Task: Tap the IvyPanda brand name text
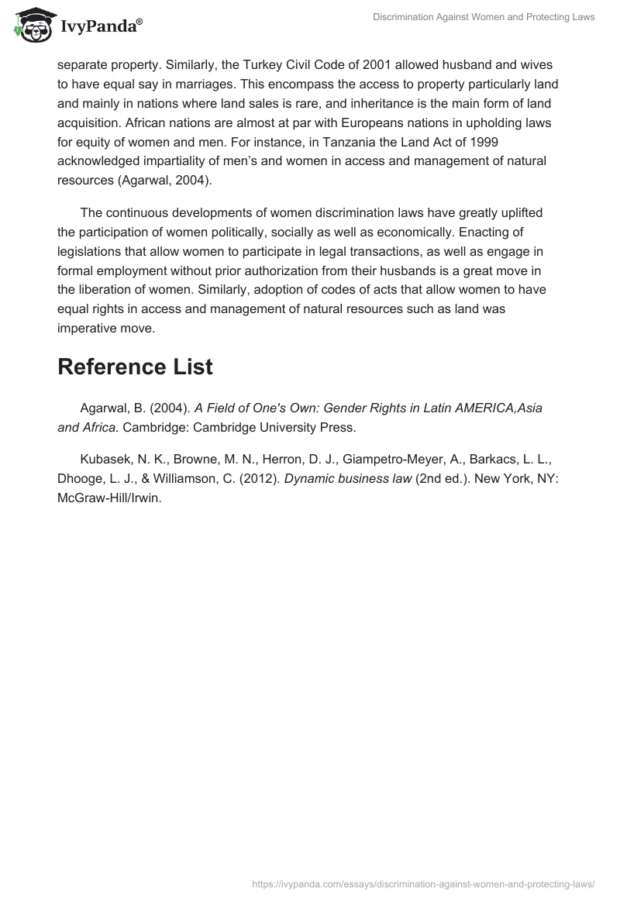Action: click(x=101, y=28)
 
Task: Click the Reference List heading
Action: click(x=135, y=367)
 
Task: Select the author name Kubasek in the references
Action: click(x=105, y=459)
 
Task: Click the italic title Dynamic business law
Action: click(x=348, y=479)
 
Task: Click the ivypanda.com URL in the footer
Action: click(x=424, y=883)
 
